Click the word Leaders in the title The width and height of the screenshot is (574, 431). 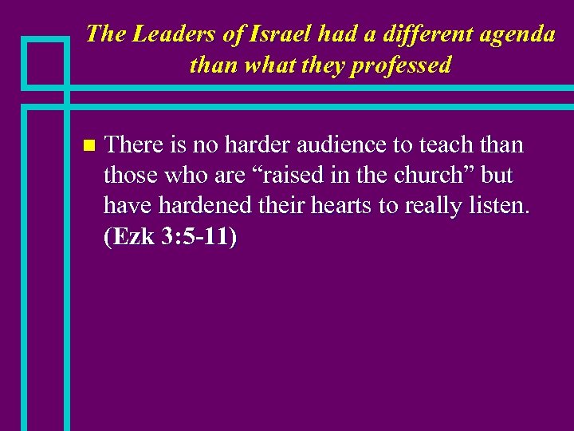click(164, 34)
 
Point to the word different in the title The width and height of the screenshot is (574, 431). click(423, 34)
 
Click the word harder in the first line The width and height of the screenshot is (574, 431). click(257, 145)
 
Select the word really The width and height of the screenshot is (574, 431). click(434, 207)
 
